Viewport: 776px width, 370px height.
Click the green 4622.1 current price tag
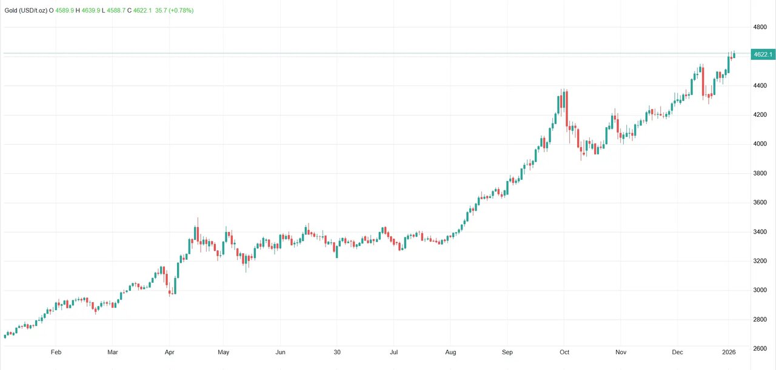(762, 55)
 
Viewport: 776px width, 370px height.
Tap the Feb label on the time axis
(56, 352)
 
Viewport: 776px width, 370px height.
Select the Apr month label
(170, 352)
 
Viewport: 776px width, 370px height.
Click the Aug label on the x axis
(450, 352)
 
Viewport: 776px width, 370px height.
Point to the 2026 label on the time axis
(729, 352)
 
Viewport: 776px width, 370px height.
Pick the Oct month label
(564, 352)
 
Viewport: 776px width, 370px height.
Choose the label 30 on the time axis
(338, 352)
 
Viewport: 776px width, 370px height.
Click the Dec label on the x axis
(677, 352)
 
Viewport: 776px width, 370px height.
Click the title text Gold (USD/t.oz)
(25, 11)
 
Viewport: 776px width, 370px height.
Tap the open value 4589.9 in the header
(65, 11)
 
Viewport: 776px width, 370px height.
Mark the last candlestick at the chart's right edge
(734, 55)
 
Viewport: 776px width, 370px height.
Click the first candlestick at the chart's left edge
(5, 335)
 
